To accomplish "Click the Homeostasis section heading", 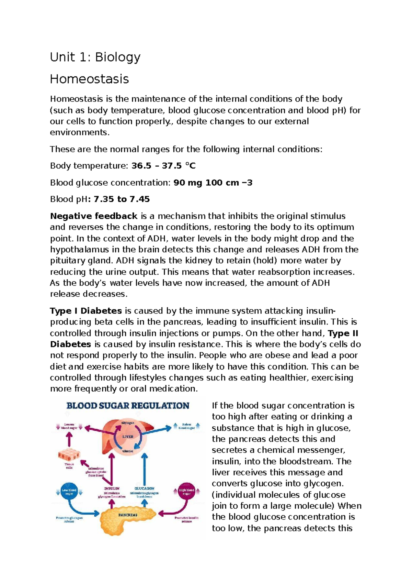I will [x=89, y=79].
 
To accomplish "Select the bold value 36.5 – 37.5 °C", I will [x=163, y=166].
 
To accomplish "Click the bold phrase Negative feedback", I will [x=94, y=216].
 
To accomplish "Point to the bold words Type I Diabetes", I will [x=86, y=311].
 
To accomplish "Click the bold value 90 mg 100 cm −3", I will [x=213, y=183].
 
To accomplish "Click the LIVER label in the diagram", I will [x=128, y=437].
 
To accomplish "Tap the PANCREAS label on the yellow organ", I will [x=128, y=515].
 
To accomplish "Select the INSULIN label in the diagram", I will [x=112, y=488].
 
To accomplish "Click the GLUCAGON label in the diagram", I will [x=144, y=488].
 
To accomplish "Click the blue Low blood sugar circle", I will [x=69, y=492].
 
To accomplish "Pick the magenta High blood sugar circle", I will [x=186, y=492].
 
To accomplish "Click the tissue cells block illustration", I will [x=69, y=455].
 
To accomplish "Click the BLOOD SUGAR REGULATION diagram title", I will [x=128, y=406].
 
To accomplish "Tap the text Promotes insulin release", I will [x=186, y=519].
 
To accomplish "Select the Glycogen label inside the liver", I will [x=128, y=422].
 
